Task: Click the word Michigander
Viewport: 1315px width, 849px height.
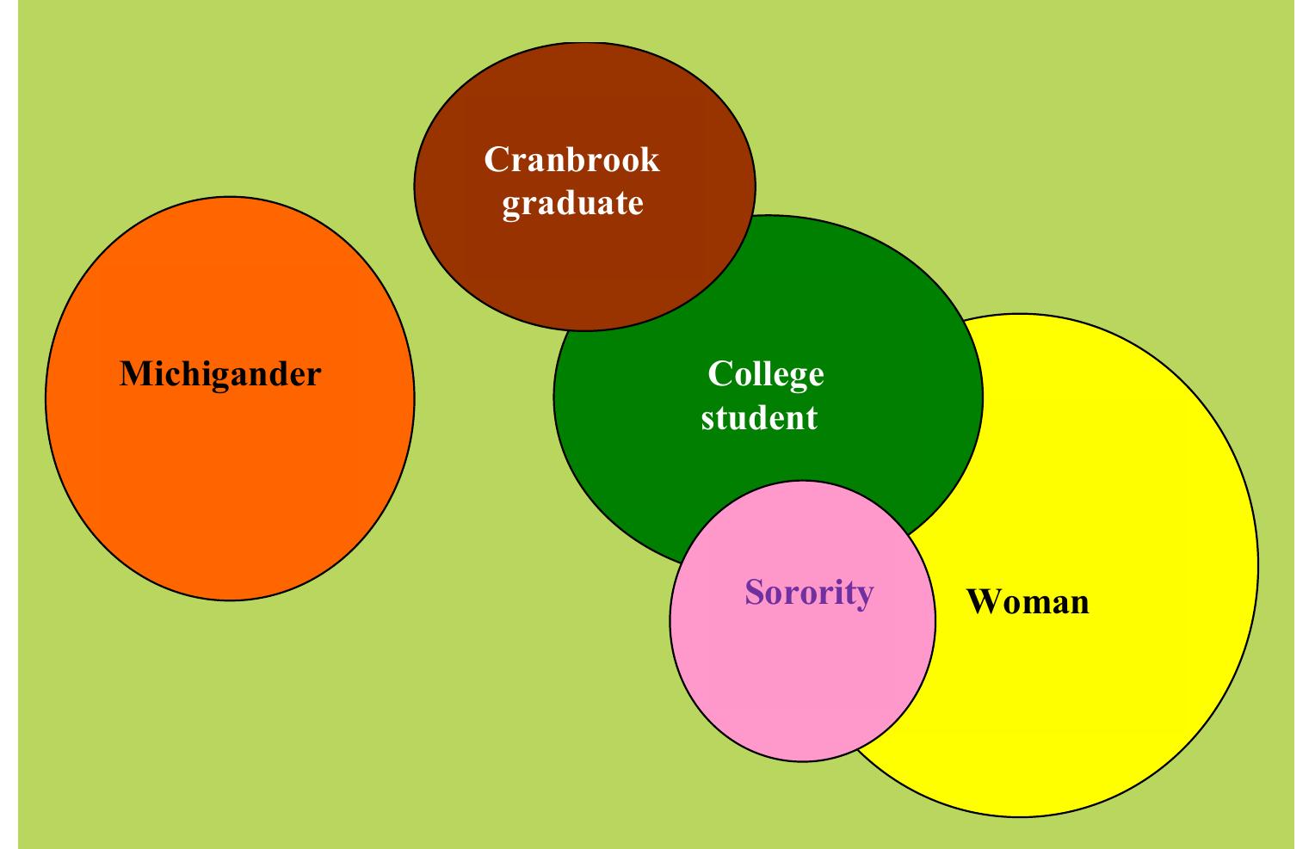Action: [x=220, y=374]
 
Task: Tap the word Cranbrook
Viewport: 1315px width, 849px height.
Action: [x=571, y=160]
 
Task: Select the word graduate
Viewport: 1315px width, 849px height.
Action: [x=572, y=203]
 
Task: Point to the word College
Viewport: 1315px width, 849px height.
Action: [x=765, y=374]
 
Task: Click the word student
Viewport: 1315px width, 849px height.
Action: [x=758, y=418]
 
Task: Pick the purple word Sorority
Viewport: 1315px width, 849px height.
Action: [x=808, y=593]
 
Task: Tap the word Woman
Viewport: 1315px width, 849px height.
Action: [x=1028, y=601]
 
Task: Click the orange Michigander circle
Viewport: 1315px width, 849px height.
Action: [x=230, y=482]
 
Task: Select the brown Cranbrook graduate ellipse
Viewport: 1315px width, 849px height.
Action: [x=585, y=267]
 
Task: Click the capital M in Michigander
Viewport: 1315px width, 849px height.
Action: [x=132, y=374]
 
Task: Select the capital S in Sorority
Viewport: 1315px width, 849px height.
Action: [x=754, y=593]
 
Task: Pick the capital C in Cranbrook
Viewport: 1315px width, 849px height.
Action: [x=494, y=160]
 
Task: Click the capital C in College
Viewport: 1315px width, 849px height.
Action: [x=718, y=374]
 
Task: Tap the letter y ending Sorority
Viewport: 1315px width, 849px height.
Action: [x=864, y=595]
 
